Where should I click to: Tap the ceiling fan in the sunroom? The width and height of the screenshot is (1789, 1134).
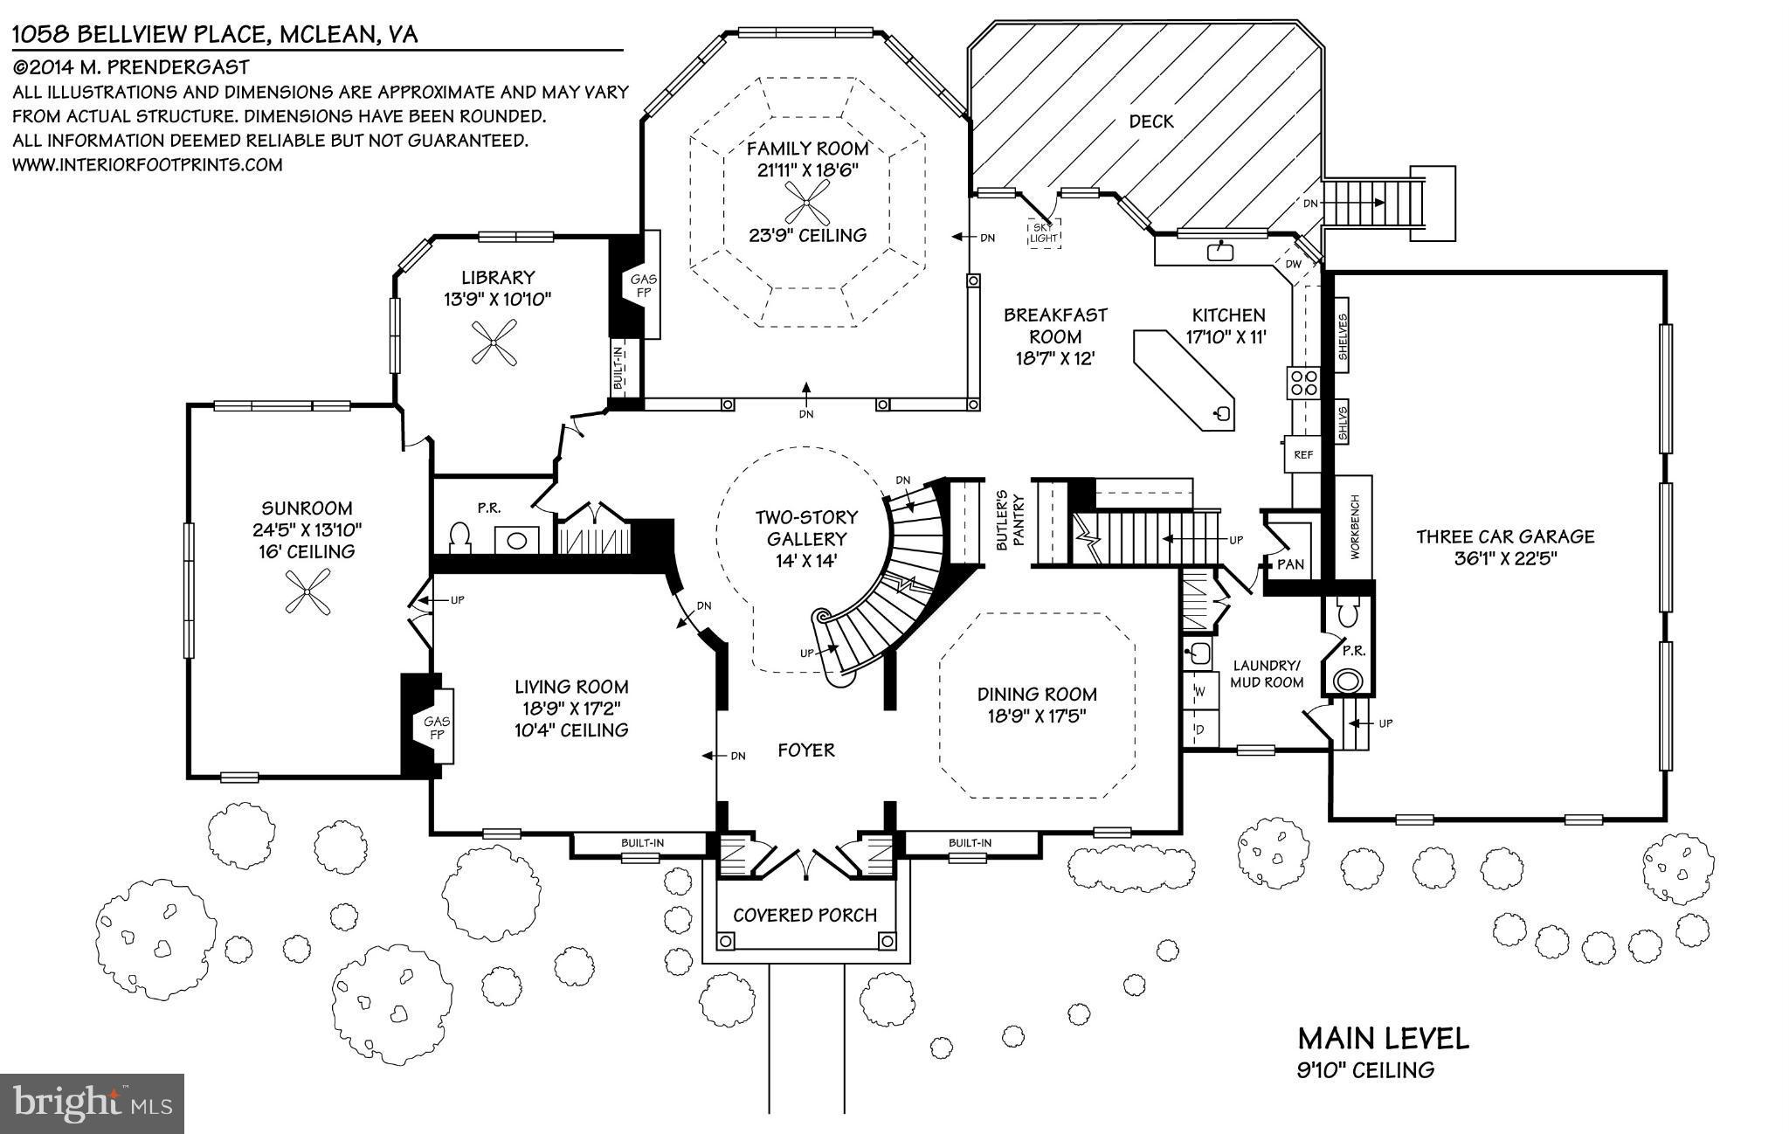coord(307,591)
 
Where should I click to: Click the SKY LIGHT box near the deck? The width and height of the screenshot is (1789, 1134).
coord(1043,232)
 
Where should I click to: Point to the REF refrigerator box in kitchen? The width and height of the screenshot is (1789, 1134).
coord(1302,454)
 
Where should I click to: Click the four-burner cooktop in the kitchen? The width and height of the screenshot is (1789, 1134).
coord(1303,384)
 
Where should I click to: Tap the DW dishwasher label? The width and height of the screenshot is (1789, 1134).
coord(1294,264)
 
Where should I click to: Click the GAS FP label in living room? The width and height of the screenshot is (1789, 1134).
coord(437,727)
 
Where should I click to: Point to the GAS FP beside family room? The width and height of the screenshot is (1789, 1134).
coord(644,285)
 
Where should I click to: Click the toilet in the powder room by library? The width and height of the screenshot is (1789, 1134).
coord(459,536)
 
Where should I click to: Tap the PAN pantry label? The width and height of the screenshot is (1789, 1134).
coord(1290,564)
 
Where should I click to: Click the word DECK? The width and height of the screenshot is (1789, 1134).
coord(1150,121)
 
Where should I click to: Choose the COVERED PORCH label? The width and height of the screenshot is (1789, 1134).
coord(805,915)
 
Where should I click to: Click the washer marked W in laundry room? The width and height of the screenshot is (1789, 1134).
coord(1199,692)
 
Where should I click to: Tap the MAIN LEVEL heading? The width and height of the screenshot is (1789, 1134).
coord(1383,1039)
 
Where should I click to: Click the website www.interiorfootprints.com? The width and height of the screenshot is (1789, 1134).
coord(147,164)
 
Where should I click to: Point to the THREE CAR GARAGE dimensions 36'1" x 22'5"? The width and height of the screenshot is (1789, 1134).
coord(1505,559)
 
